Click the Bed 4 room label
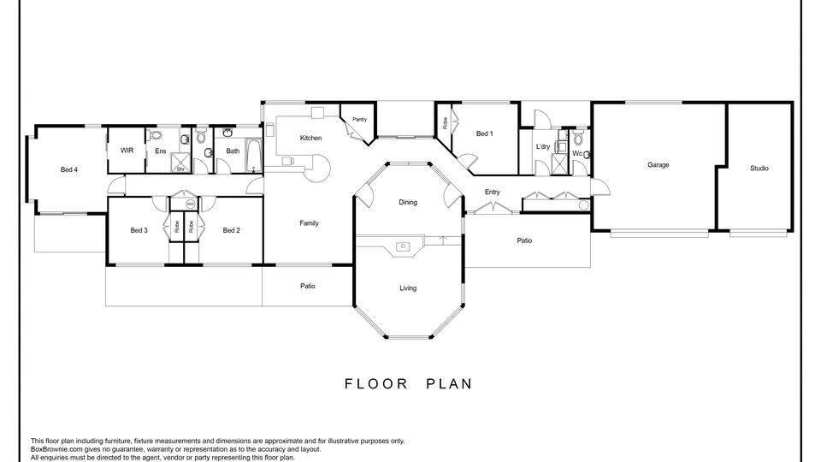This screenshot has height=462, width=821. click(69, 169)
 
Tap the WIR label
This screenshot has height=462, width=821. click(127, 151)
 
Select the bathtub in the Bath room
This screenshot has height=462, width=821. click(254, 156)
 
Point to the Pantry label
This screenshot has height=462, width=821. click(360, 120)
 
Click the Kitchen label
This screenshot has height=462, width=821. click(310, 139)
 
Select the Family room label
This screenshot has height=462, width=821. click(309, 223)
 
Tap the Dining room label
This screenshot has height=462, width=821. click(408, 202)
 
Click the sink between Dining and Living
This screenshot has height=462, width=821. click(403, 246)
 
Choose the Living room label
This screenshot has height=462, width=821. click(408, 288)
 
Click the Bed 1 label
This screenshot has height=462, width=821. click(484, 133)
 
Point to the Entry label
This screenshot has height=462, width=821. click(493, 192)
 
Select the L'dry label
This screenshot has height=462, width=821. click(543, 146)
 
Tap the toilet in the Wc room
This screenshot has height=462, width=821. click(578, 139)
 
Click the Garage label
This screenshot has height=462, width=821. click(659, 165)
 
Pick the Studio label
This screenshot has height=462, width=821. click(759, 169)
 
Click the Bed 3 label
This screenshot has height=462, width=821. click(139, 230)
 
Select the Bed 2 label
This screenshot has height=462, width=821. click(232, 230)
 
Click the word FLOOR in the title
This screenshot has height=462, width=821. click(376, 384)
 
